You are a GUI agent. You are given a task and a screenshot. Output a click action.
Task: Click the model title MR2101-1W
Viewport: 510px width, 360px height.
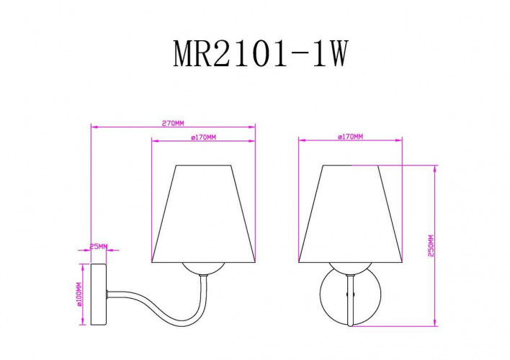pyautogui.click(x=261, y=53)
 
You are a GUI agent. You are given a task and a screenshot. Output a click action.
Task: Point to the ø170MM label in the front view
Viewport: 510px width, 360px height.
pyautogui.click(x=349, y=137)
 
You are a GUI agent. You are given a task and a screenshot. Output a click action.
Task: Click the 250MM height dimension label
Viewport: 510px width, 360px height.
pyautogui.click(x=431, y=246)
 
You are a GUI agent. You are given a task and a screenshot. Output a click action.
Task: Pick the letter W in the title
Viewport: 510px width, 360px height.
pyautogui.click(x=336, y=53)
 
